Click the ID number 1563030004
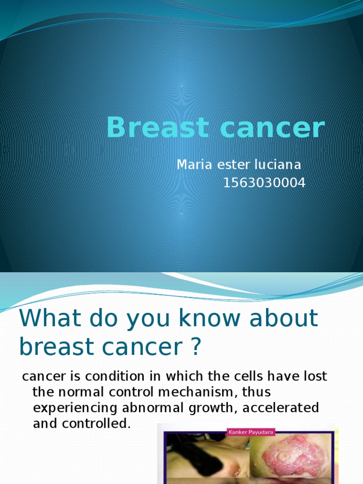click(264, 182)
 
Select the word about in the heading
click(285, 319)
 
